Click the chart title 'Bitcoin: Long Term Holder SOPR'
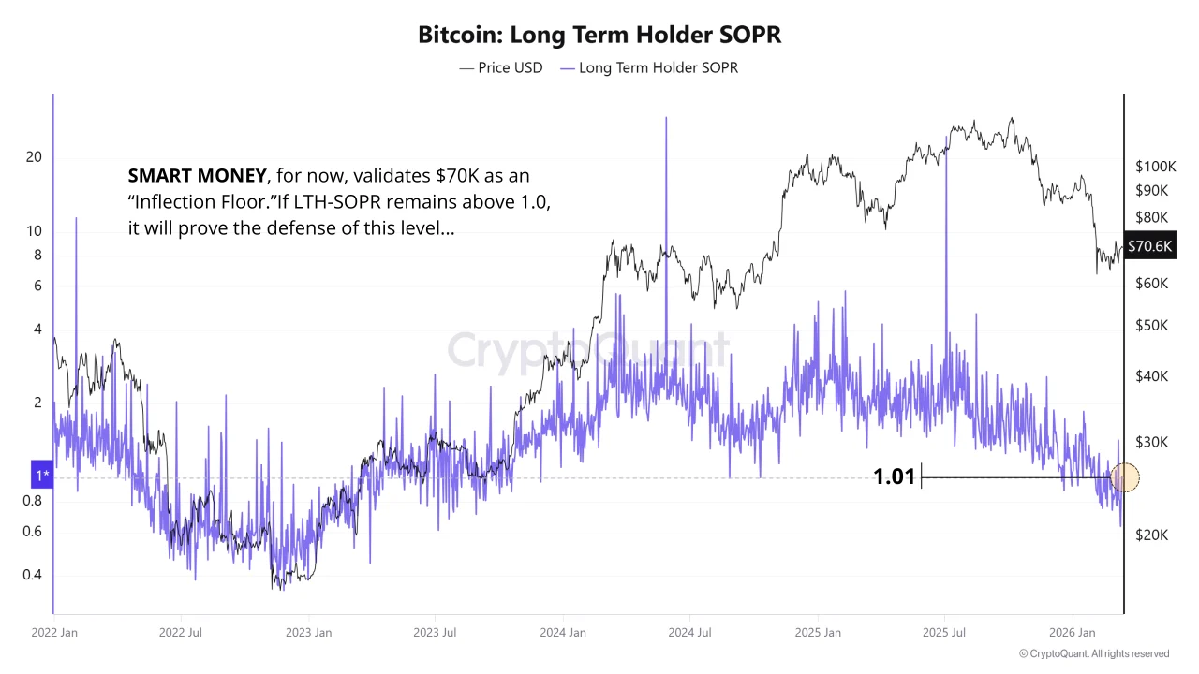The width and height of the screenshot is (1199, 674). point(599,36)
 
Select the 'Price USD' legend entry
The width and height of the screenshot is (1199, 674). point(501,68)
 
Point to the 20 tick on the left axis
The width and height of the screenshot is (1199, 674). point(34,156)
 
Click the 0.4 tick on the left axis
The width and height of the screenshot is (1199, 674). point(32,575)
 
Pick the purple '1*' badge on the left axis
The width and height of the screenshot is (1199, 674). point(42,476)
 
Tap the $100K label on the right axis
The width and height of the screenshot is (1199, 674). point(1155,167)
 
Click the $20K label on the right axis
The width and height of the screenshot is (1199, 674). point(1151,535)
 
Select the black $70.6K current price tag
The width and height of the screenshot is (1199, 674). point(1149,246)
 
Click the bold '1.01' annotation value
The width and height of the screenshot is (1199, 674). point(894,477)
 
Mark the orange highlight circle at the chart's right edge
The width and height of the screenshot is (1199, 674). point(1124,477)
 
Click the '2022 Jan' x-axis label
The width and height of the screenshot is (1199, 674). point(54,633)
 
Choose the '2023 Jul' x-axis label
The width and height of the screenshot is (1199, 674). point(435,633)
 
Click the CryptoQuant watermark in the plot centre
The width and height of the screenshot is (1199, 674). point(587,350)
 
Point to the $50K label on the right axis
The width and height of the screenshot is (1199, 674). point(1151,326)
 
